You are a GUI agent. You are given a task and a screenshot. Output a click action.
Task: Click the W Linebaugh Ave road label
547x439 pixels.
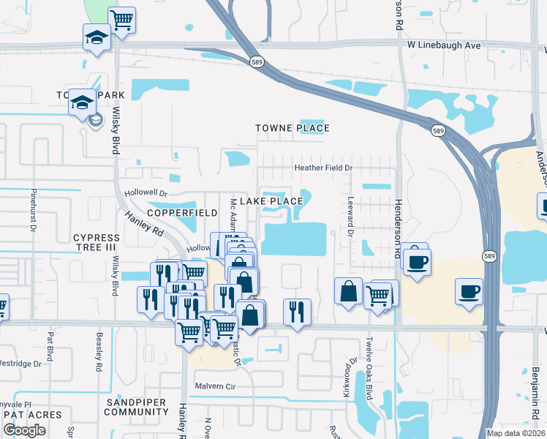(x=444, y=45)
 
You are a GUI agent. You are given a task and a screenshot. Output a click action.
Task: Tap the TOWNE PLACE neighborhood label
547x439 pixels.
(x=293, y=128)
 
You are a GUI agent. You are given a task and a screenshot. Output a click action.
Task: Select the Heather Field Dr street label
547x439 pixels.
(x=323, y=168)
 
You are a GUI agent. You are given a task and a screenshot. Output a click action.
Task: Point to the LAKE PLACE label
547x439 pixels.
(x=277, y=201)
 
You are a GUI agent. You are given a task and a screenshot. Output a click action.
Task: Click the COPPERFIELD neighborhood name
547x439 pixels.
(x=182, y=212)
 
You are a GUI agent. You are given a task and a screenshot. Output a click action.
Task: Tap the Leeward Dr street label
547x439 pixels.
(x=350, y=220)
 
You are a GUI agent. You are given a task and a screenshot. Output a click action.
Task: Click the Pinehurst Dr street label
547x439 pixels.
(x=34, y=212)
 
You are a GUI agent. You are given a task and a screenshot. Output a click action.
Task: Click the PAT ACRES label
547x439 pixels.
(x=33, y=414)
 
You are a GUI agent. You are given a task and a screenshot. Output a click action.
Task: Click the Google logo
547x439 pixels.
(x=24, y=430)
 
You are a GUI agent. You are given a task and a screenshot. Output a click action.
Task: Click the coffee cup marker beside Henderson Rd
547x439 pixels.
(x=417, y=261)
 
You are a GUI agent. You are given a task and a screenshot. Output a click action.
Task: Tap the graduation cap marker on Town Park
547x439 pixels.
(x=83, y=102)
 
